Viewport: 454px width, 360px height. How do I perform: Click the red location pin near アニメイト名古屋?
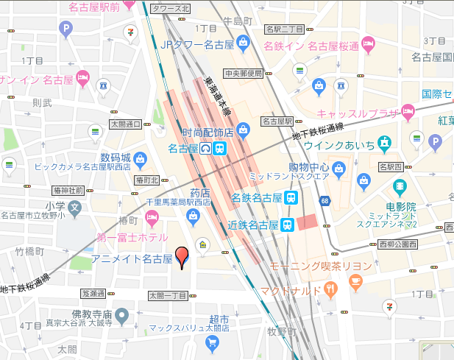tap(182, 258)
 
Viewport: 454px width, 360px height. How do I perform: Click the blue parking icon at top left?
tap(67, 29)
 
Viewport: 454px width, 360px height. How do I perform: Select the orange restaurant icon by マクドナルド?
tap(331, 289)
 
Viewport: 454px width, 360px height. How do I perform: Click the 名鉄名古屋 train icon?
tap(292, 197)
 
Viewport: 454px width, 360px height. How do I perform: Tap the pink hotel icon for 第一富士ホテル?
tap(152, 217)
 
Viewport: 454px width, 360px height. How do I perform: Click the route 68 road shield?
tap(324, 201)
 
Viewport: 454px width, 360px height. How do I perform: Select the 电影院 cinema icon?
tap(398, 185)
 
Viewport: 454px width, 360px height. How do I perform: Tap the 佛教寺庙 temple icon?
tap(122, 315)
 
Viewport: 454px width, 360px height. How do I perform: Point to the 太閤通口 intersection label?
tap(126, 124)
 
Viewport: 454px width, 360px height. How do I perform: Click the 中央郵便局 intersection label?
tap(244, 73)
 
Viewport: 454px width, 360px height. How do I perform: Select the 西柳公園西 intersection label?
tap(397, 244)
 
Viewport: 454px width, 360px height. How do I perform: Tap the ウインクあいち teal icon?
tap(383, 142)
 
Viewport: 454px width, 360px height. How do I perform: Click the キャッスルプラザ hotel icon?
tap(409, 113)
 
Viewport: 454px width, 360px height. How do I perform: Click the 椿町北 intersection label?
tap(147, 180)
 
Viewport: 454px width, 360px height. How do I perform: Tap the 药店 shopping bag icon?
tap(193, 216)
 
